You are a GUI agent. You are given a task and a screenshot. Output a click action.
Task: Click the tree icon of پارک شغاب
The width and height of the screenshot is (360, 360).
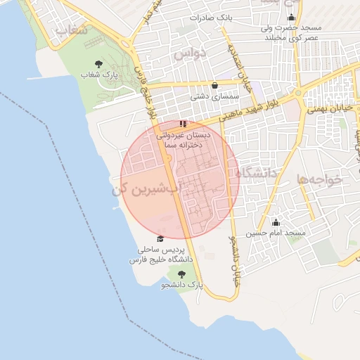(98, 65)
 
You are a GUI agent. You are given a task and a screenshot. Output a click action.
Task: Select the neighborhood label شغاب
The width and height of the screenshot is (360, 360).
(71, 32)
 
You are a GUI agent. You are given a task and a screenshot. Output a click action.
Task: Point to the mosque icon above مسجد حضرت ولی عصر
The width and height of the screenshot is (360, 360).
(291, 18)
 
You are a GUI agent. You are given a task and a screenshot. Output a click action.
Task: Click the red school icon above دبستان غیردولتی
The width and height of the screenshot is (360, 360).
(184, 124)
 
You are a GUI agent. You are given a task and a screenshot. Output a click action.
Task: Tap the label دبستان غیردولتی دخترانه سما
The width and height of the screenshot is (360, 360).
(182, 139)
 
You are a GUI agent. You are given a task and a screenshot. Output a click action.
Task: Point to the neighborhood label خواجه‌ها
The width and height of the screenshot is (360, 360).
(319, 179)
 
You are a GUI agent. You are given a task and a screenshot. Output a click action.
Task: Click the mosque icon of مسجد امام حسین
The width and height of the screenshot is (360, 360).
(276, 222)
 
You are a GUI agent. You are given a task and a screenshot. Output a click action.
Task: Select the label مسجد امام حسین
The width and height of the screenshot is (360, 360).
(276, 233)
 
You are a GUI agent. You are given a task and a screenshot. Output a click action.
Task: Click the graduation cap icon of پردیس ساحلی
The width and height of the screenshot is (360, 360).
(160, 239)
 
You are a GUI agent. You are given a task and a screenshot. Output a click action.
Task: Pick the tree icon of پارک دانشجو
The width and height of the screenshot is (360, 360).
(181, 274)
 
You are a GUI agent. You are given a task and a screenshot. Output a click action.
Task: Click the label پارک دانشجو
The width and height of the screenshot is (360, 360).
(181, 285)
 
